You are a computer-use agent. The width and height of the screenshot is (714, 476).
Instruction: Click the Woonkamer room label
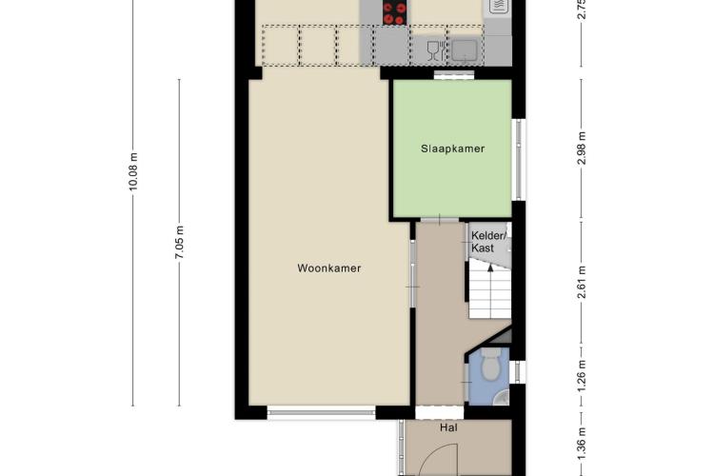click(x=329, y=268)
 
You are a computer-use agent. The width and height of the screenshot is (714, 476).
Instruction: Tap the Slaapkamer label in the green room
click(x=452, y=149)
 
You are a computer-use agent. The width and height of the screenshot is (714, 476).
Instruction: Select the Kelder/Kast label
click(x=488, y=242)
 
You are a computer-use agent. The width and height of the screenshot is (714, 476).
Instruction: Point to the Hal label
click(x=448, y=427)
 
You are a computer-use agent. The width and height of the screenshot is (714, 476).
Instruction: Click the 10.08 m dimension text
click(x=133, y=171)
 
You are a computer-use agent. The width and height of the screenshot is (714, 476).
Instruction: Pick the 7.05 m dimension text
click(x=179, y=243)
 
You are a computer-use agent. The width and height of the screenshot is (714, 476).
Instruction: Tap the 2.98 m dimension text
click(x=581, y=149)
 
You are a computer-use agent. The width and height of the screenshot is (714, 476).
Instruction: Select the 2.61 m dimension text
click(x=581, y=283)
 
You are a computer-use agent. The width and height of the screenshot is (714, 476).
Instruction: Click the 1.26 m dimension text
click(x=581, y=376)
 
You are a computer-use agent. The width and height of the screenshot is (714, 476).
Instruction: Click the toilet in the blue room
click(x=490, y=365)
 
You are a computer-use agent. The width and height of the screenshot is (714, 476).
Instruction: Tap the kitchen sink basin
click(x=465, y=50)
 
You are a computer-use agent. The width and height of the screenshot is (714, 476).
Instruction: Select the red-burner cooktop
click(x=394, y=12)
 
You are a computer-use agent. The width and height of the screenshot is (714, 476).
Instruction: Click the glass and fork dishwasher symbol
click(x=437, y=50)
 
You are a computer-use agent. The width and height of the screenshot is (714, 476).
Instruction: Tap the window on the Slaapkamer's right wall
click(x=519, y=159)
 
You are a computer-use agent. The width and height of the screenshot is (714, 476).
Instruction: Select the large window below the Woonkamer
click(x=321, y=412)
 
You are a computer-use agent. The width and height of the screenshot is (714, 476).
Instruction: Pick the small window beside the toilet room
click(x=517, y=371)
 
